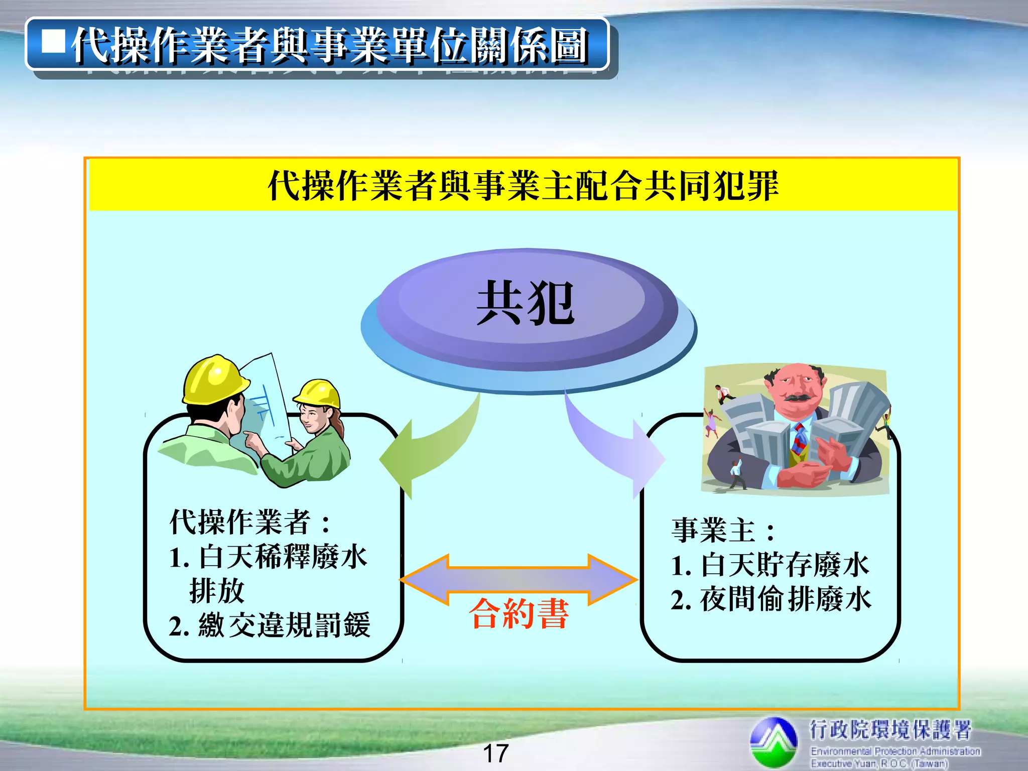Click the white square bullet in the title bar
53,42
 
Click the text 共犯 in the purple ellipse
525,303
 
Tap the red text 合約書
519,613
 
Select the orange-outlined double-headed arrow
519,580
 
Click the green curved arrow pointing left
427,447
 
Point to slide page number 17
495,753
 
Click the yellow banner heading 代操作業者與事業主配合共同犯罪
523,186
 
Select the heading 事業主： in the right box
723,531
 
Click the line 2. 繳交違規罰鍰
270,625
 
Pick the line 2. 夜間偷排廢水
770,599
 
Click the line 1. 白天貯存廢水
769,565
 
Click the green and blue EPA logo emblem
774,741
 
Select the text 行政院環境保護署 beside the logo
890,729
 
